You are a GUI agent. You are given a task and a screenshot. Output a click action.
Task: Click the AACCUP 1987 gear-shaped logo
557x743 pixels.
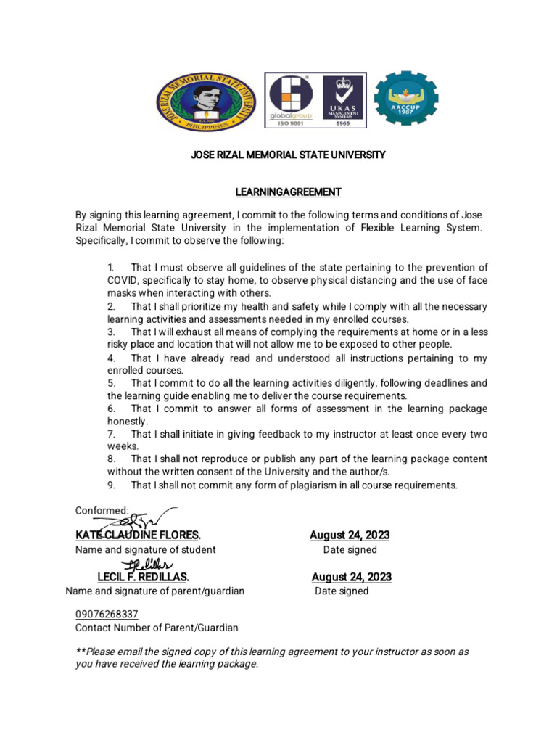[405, 99]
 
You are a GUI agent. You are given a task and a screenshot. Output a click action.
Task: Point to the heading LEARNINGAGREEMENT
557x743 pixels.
[288, 192]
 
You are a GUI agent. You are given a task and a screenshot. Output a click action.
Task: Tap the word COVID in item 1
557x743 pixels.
[123, 280]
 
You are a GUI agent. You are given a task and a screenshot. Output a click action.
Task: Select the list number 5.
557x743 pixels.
[111, 383]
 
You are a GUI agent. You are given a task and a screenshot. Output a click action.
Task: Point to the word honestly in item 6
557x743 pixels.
[128, 422]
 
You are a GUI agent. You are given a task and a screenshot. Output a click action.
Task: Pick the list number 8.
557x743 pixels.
[111, 459]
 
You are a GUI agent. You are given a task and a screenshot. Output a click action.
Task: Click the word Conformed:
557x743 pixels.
[102, 511]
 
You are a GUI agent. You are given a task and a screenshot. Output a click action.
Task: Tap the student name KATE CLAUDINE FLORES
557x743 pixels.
[138, 535]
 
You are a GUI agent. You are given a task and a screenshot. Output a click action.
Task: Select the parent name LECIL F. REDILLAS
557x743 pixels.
[143, 577]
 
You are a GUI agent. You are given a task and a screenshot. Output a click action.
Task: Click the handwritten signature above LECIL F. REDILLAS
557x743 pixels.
[147, 565]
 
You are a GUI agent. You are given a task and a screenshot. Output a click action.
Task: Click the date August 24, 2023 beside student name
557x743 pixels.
[350, 535]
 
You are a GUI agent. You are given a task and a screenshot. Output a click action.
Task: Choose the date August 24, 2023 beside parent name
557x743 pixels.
[351, 577]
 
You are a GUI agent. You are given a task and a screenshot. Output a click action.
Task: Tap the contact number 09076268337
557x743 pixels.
[107, 614]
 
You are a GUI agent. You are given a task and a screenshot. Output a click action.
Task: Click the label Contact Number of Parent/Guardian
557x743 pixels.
[157, 628]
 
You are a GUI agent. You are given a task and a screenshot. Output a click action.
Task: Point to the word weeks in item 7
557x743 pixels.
[123, 447]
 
